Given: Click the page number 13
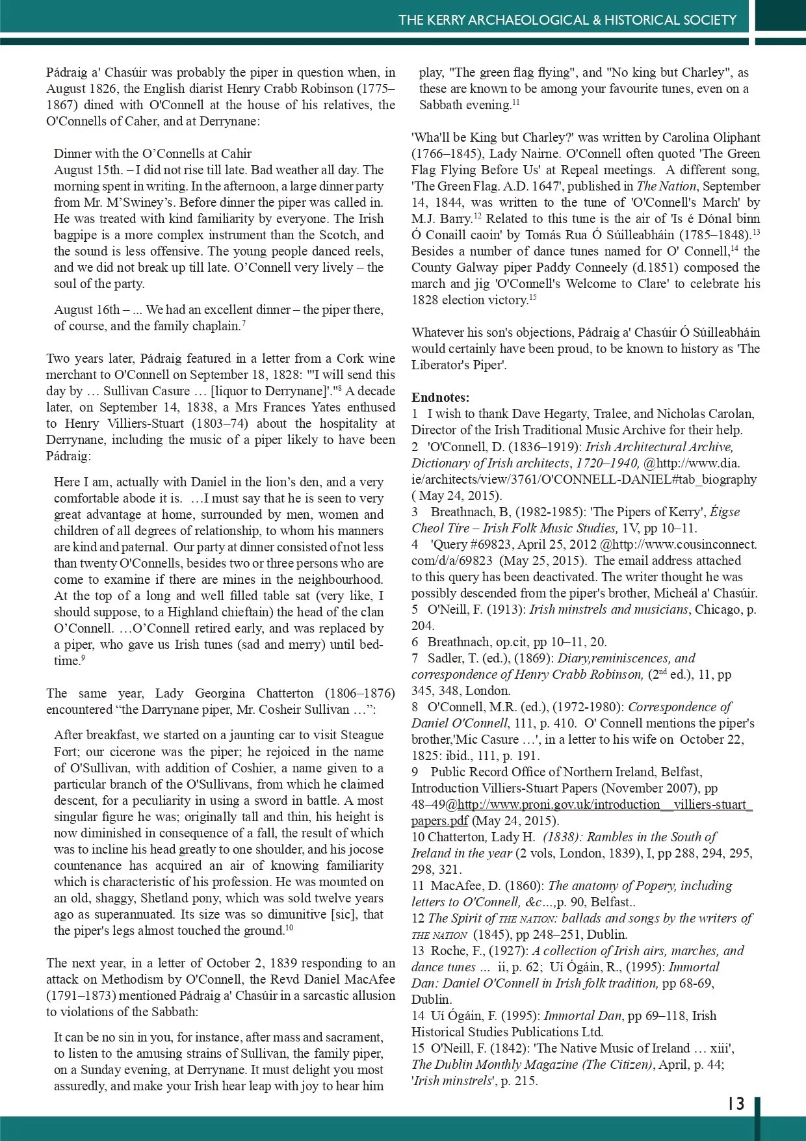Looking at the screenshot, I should tap(736, 1104).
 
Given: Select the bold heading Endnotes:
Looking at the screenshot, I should tap(440, 397).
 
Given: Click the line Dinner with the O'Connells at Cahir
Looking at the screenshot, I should tap(153, 153).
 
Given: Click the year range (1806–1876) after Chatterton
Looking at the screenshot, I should tap(359, 693).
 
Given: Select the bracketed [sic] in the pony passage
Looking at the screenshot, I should tap(344, 914).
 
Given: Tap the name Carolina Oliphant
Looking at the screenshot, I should tap(711, 137).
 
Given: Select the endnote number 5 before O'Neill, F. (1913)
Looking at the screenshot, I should tap(415, 609).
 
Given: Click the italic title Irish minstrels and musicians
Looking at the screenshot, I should tap(608, 609).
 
